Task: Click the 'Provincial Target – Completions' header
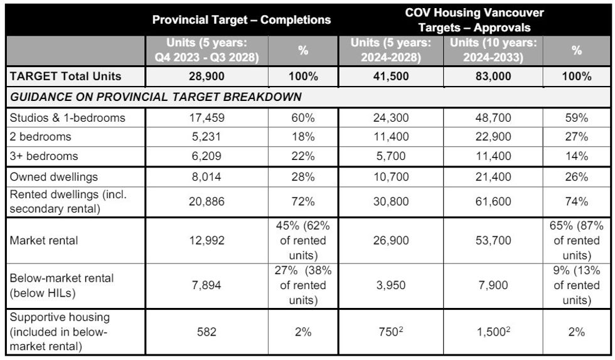tap(241, 19)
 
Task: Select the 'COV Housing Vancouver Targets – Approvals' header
tap(474, 20)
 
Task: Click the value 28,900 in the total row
tap(207, 77)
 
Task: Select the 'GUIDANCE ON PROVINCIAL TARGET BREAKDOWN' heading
tap(156, 97)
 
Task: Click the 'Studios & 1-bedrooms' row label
tap(67, 118)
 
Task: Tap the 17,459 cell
tap(207, 118)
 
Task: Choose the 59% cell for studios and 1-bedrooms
tap(576, 118)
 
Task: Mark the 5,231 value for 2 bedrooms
tap(207, 137)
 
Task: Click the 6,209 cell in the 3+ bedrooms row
tap(207, 156)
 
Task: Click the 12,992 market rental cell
tap(207, 241)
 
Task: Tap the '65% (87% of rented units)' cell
tap(576, 241)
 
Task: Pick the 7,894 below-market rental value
tap(207, 285)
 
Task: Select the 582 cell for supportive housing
tap(207, 332)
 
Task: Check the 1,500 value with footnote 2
tap(493, 332)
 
